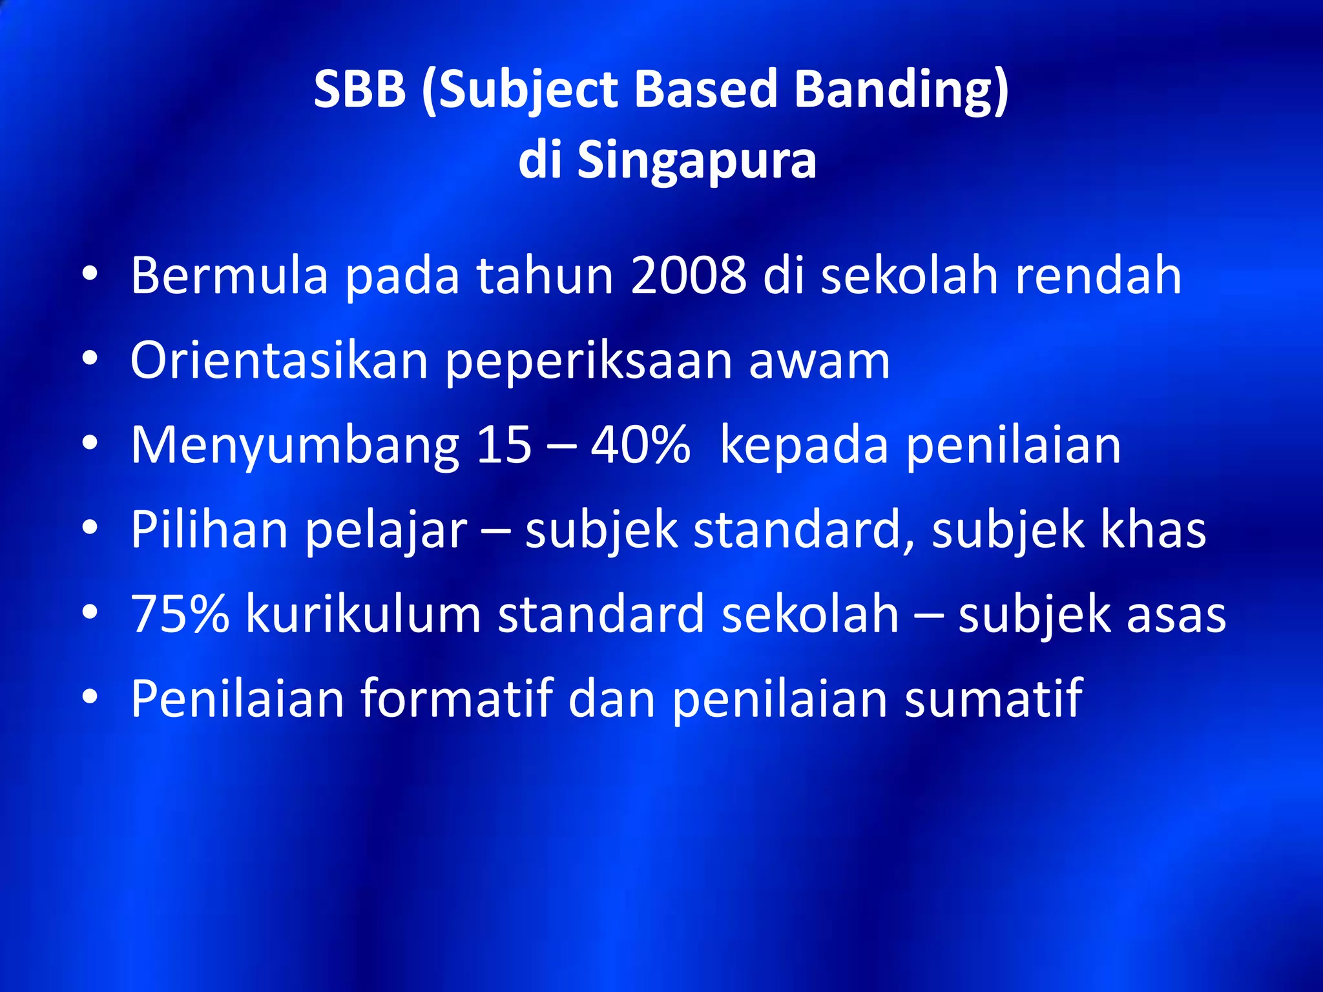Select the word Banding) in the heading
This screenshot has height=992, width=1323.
pos(901,90)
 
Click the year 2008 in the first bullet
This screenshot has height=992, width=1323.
pos(688,276)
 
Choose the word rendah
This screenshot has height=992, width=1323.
pos(1098,276)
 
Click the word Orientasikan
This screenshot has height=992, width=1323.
pos(279,360)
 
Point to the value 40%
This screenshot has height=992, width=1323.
pos(640,445)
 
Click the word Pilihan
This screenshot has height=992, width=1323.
pos(209,530)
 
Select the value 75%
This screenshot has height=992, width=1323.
pos(180,614)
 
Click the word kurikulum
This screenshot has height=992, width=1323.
pos(363,614)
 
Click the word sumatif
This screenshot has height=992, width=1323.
pos(993,698)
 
